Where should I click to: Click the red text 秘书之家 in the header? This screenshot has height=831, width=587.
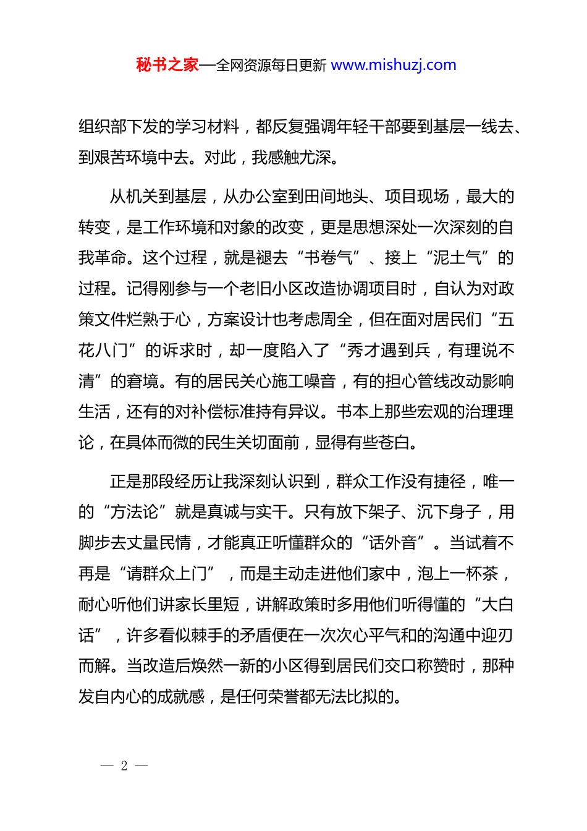[167, 65]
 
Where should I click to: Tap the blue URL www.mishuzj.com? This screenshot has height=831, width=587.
[394, 65]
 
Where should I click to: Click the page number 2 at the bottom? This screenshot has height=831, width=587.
[124, 765]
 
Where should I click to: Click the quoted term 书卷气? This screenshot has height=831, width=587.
[328, 258]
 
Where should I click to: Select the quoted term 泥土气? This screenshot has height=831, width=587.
[457, 258]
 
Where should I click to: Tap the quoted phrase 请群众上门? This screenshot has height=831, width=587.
[166, 574]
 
